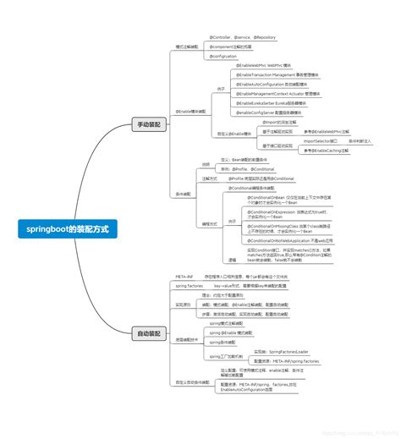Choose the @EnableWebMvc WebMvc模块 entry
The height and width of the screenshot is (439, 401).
266,65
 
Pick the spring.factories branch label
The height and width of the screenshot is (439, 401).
189,286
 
